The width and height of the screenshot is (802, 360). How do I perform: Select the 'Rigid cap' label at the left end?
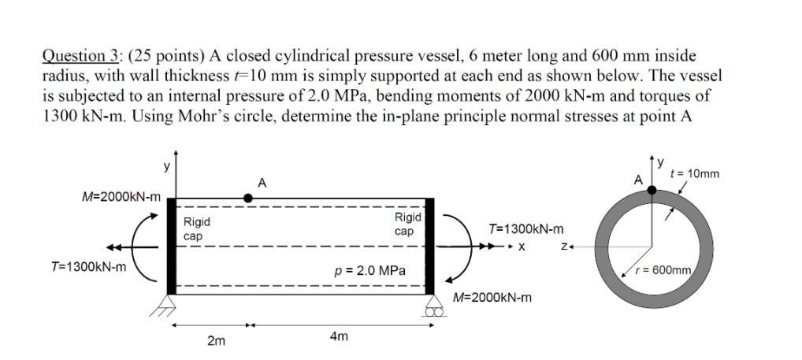tap(193, 229)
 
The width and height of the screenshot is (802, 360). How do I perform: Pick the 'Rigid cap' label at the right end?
tap(408, 224)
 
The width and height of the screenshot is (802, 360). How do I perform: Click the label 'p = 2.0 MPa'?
tap(370, 270)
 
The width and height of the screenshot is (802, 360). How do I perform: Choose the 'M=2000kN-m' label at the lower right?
tap(494, 298)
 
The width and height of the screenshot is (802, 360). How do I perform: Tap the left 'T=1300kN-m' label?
tap(87, 267)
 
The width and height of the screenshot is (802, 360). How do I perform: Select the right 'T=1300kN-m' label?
tap(526, 229)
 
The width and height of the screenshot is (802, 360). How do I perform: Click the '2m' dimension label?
tap(215, 340)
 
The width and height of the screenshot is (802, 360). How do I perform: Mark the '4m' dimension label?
tap(339, 336)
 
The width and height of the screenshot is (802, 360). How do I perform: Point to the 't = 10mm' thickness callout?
tap(693, 173)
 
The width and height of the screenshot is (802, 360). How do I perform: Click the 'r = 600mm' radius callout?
tap(666, 270)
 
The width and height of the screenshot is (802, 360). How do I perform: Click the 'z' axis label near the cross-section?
tap(564, 246)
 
